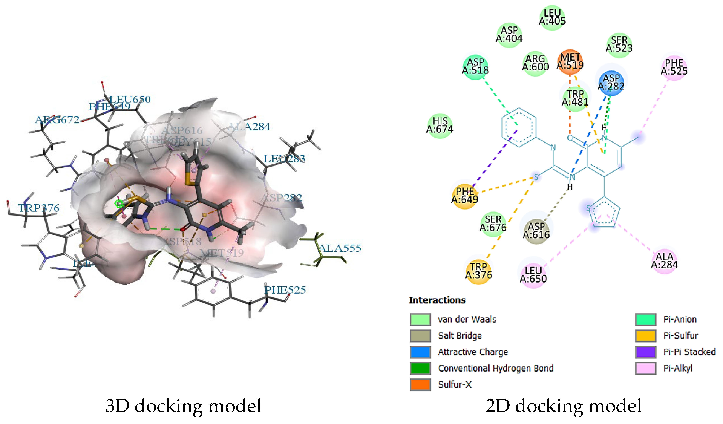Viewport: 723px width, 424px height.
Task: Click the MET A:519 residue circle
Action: point(570,62)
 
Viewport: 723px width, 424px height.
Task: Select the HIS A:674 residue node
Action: point(440,126)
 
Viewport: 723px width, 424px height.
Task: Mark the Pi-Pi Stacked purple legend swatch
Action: point(645,352)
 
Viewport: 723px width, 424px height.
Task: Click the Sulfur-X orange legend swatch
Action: point(420,385)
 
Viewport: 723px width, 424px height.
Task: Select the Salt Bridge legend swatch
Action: point(420,336)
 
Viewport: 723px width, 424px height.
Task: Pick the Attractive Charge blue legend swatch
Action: point(420,352)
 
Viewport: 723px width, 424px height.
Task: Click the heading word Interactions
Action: point(437,300)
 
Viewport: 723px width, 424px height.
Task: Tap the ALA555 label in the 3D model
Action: point(340,248)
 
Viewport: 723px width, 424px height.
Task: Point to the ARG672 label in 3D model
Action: point(57,120)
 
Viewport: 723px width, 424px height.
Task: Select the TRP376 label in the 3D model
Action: point(38,208)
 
